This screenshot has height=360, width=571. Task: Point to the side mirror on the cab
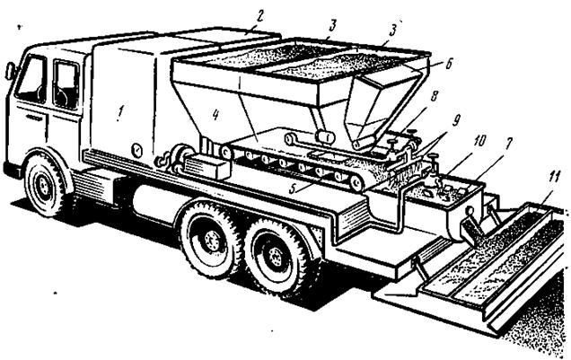point(10,70)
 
